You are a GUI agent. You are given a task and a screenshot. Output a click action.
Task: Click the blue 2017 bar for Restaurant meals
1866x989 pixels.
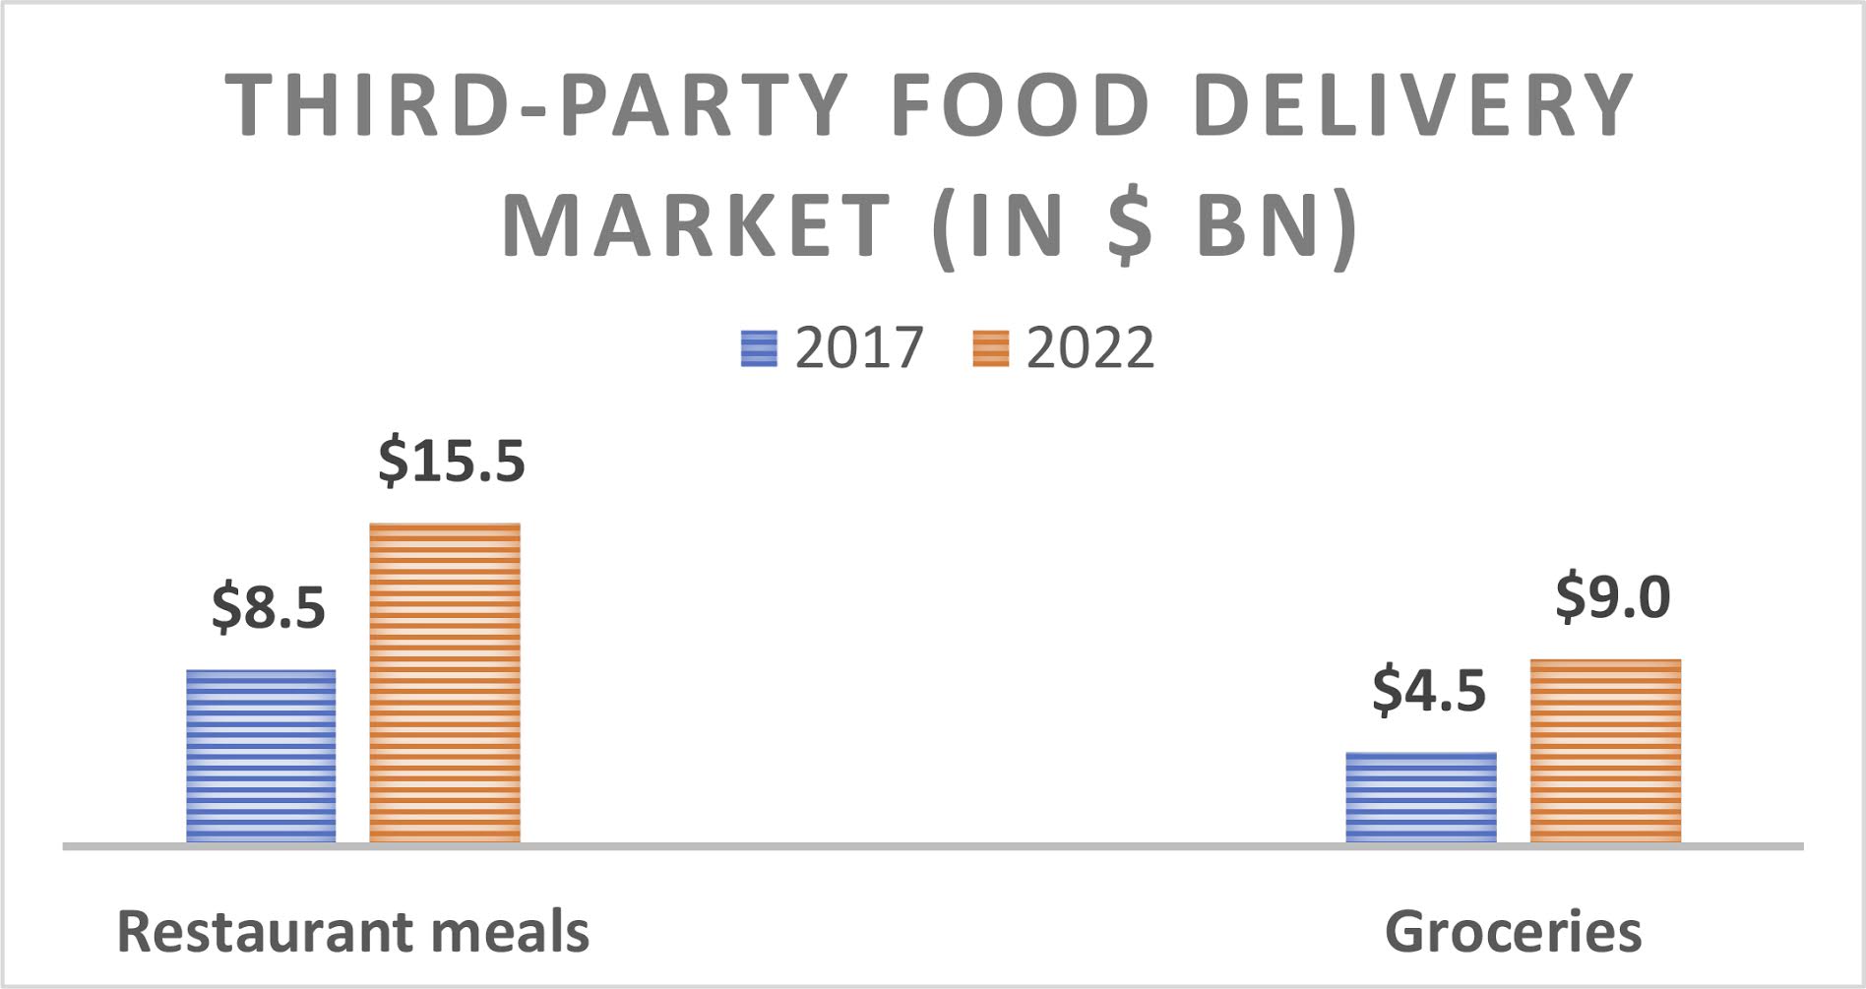[261, 756]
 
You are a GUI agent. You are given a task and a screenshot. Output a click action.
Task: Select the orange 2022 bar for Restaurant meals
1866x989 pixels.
[445, 682]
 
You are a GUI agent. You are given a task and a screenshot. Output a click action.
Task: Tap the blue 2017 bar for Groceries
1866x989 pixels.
[1420, 797]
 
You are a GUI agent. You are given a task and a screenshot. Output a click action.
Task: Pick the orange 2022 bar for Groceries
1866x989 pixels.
[1605, 751]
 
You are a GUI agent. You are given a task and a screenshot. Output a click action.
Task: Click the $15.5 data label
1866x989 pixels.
[452, 461]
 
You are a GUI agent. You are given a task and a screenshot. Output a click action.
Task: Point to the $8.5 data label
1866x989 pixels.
[268, 606]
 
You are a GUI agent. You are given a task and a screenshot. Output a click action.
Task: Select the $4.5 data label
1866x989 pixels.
[1428, 689]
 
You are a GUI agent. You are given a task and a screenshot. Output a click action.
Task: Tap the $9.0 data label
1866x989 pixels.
[1612, 596]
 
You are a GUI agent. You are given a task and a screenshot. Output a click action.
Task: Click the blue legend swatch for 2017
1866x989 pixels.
[759, 348]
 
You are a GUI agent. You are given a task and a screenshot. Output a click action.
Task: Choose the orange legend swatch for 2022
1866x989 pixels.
[990, 348]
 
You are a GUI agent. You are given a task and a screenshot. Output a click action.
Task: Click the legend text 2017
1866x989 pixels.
[858, 348]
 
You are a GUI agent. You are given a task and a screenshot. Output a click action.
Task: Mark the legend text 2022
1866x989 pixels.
[1089, 348]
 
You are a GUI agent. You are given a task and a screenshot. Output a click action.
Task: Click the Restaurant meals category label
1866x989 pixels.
[352, 931]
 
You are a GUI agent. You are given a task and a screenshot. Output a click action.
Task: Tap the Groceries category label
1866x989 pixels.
[1513, 931]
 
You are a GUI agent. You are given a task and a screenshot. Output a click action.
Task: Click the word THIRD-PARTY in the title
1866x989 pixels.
[536, 105]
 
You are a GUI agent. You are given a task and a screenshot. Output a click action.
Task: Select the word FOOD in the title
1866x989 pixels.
[1021, 105]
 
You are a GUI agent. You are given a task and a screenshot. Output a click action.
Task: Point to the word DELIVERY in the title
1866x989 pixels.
[1413, 105]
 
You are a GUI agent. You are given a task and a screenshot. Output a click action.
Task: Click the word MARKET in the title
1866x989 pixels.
[697, 225]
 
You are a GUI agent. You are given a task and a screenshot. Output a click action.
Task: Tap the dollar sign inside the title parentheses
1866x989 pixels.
[1129, 225]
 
